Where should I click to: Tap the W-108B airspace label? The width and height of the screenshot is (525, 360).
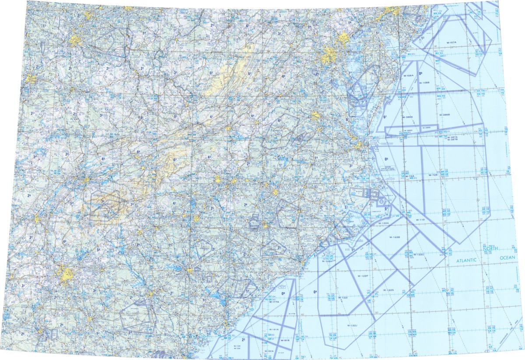coord(424,82)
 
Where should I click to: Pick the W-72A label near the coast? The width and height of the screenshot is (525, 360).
coord(410,176)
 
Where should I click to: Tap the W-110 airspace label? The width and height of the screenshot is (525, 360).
coord(420,219)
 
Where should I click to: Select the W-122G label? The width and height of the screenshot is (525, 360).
coord(388,290)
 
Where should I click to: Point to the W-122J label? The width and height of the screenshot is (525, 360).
coord(352,325)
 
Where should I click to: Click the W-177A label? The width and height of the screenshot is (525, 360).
coord(274,302)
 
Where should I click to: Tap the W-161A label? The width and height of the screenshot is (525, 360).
coord(274,329)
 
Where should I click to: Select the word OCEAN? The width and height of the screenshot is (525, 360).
coord(507,258)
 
